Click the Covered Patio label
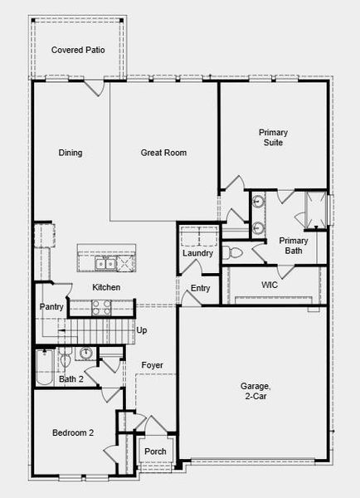click(78, 51)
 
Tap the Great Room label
click(163, 153)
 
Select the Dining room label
click(70, 153)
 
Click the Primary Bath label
click(293, 245)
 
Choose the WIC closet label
click(269, 285)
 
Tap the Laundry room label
click(198, 253)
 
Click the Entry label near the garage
click(200, 289)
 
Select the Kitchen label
click(106, 288)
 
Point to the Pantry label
click(51, 307)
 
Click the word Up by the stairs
click(142, 330)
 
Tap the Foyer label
click(152, 365)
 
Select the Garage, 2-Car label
click(255, 391)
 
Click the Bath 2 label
click(71, 379)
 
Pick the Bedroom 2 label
click(73, 432)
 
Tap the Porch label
click(155, 452)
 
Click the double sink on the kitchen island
click(105, 264)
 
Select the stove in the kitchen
click(100, 307)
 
